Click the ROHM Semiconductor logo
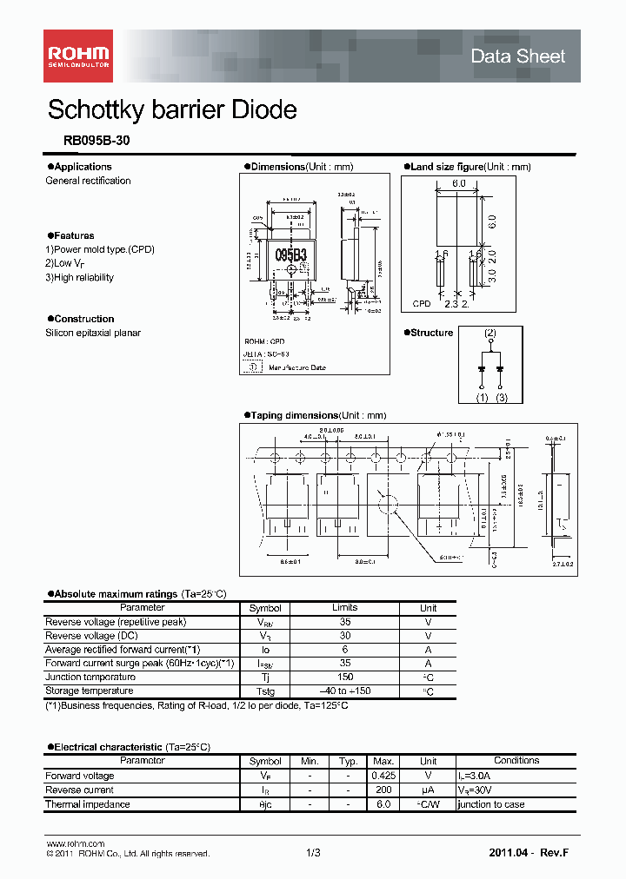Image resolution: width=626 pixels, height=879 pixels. click(78, 56)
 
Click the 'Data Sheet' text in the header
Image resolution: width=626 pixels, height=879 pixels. click(517, 56)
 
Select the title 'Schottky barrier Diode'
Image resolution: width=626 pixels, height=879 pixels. click(172, 110)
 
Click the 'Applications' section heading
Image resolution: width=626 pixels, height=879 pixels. click(82, 167)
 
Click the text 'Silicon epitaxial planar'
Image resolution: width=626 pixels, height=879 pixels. click(93, 333)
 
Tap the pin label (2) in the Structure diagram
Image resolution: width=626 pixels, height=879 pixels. click(490, 333)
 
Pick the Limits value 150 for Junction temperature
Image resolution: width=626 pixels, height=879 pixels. click(344, 677)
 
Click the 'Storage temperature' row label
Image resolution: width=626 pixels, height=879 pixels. click(90, 691)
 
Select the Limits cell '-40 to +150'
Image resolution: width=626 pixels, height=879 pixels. click(344, 691)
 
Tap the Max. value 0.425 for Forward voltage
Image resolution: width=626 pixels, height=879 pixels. click(383, 776)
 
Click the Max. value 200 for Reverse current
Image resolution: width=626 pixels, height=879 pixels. click(383, 790)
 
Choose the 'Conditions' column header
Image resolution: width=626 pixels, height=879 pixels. click(516, 761)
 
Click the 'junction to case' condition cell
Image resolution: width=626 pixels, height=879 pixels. click(491, 804)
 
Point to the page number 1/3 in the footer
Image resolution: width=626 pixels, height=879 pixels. click(313, 854)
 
